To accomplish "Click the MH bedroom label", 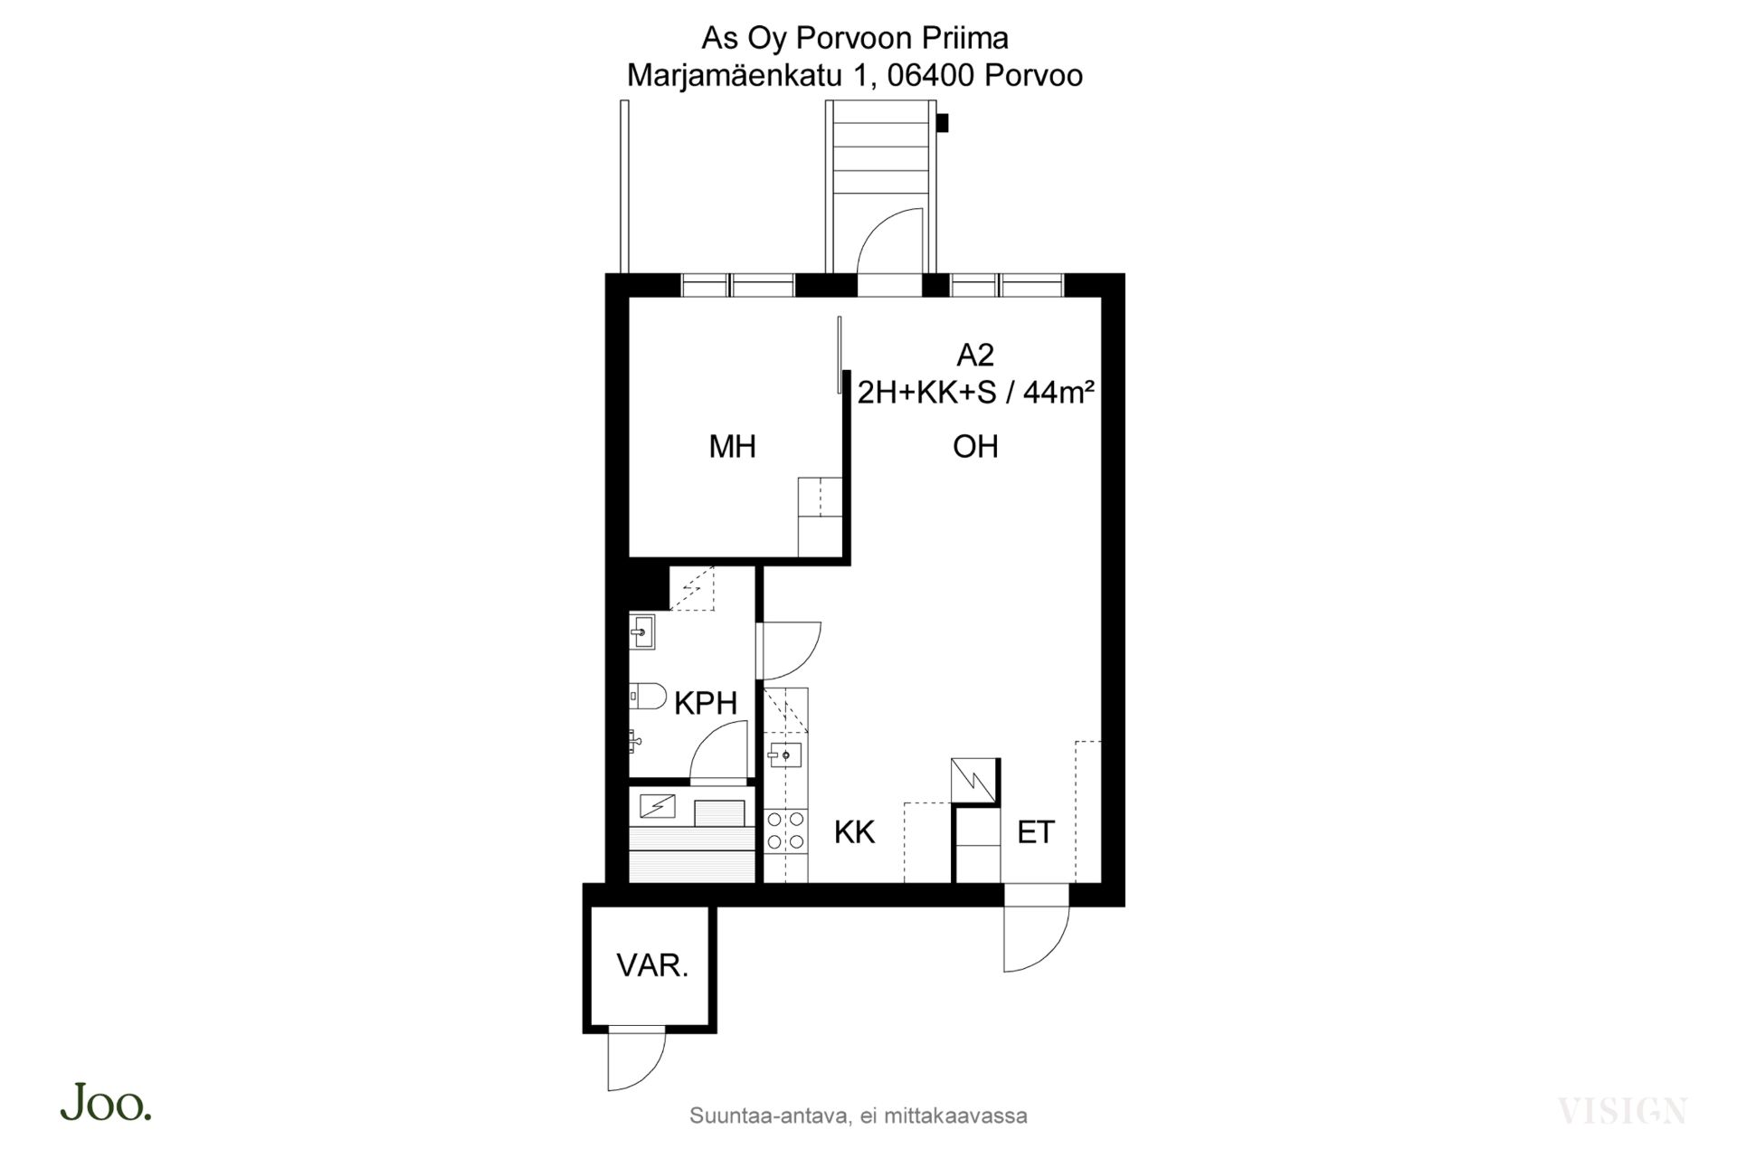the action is point(732,446).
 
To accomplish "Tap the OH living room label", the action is point(975,446).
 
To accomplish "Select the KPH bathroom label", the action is point(706,703).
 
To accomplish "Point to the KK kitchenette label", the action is point(854,832).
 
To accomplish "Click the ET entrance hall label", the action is point(1036,832).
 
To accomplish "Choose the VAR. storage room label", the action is point(652,965).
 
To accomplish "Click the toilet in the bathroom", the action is point(648,697).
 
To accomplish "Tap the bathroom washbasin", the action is point(642,631).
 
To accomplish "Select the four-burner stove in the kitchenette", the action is point(785,831).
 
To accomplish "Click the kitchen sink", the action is point(784,754).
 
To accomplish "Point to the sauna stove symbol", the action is point(657,805).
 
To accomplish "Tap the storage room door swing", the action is point(637,1061).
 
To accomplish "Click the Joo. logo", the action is point(106,1102).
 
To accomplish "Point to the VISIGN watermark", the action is point(1623,1110).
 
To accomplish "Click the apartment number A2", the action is point(975,356).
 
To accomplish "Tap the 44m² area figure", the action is point(1058,393).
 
